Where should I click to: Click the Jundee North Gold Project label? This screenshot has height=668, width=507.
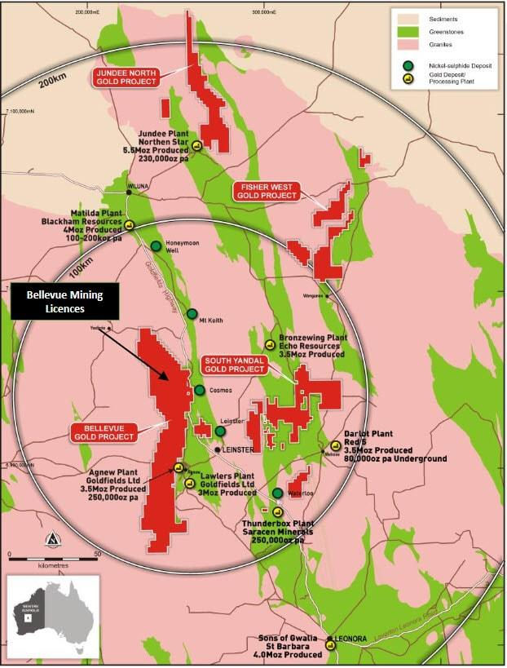click(126, 77)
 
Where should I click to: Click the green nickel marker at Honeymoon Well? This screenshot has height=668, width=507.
click(156, 246)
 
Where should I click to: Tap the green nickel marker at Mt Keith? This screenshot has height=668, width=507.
click(192, 314)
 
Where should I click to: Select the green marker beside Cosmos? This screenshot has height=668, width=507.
click(200, 391)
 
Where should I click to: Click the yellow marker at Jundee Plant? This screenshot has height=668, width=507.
click(197, 146)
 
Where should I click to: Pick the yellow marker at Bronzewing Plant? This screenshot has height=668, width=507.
click(270, 345)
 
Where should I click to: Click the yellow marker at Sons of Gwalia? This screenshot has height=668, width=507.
click(330, 645)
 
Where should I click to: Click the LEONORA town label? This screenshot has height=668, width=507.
click(343, 640)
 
